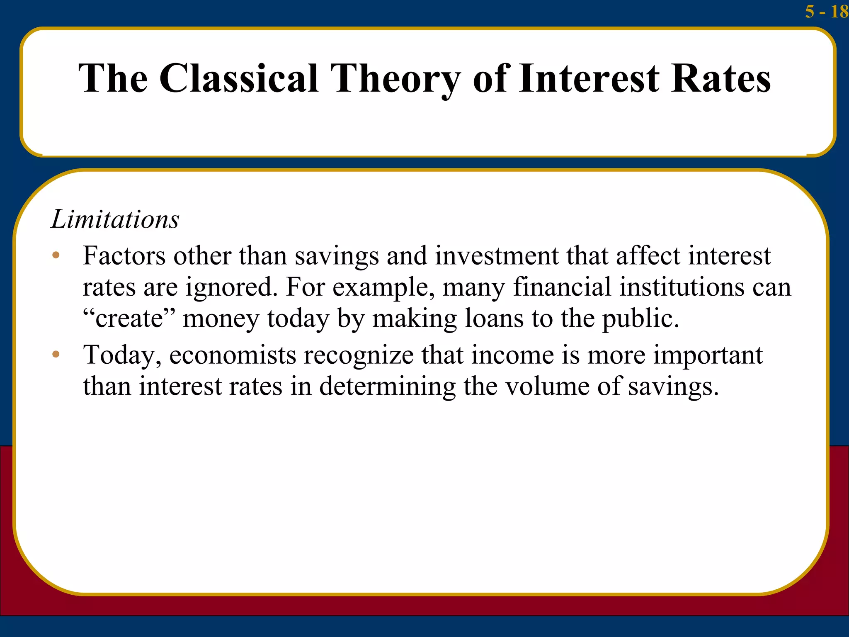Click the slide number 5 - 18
click(x=826, y=12)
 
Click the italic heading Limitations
click(x=115, y=219)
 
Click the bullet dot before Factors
click(x=56, y=255)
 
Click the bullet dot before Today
click(x=56, y=355)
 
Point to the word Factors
click(x=124, y=255)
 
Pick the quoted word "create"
click(x=129, y=318)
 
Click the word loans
click(x=494, y=318)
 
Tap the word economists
click(x=233, y=355)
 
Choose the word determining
click(x=387, y=387)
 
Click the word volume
click(x=547, y=386)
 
